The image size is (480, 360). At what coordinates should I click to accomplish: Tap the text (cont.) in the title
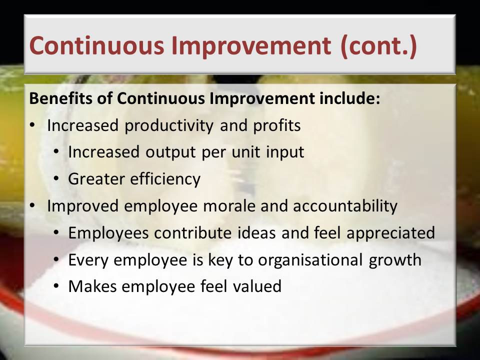[378, 46]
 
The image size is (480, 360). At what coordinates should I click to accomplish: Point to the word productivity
[168, 126]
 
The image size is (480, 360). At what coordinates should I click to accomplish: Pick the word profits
[276, 126]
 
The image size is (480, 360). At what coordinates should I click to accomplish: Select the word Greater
[96, 179]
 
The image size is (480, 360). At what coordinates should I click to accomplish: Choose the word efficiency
[165, 179]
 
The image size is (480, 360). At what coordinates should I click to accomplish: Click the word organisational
[310, 260]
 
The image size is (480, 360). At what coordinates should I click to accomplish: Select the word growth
[395, 260]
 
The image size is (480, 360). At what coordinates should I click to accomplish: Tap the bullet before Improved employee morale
[32, 206]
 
